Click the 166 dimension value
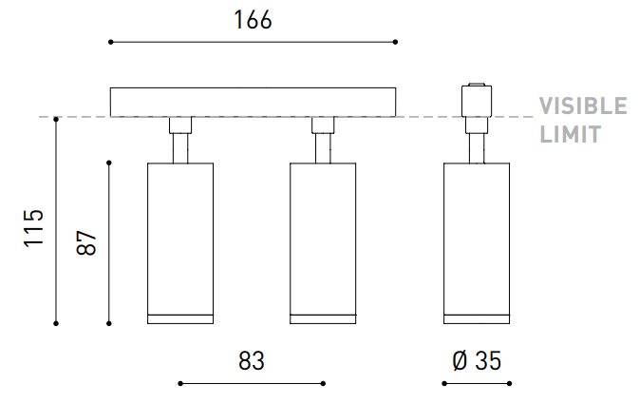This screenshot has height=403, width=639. click(253, 20)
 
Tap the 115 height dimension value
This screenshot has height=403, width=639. click(34, 228)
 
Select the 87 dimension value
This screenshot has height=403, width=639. click(86, 242)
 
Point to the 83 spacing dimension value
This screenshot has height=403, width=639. click(252, 360)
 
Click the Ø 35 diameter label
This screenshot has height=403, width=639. click(477, 360)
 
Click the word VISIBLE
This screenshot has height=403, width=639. click(583, 106)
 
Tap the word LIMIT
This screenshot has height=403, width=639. click(571, 134)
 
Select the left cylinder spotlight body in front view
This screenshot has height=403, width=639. click(180, 243)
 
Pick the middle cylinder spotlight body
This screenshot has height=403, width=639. click(323, 243)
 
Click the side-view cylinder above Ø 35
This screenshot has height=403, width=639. click(477, 243)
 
